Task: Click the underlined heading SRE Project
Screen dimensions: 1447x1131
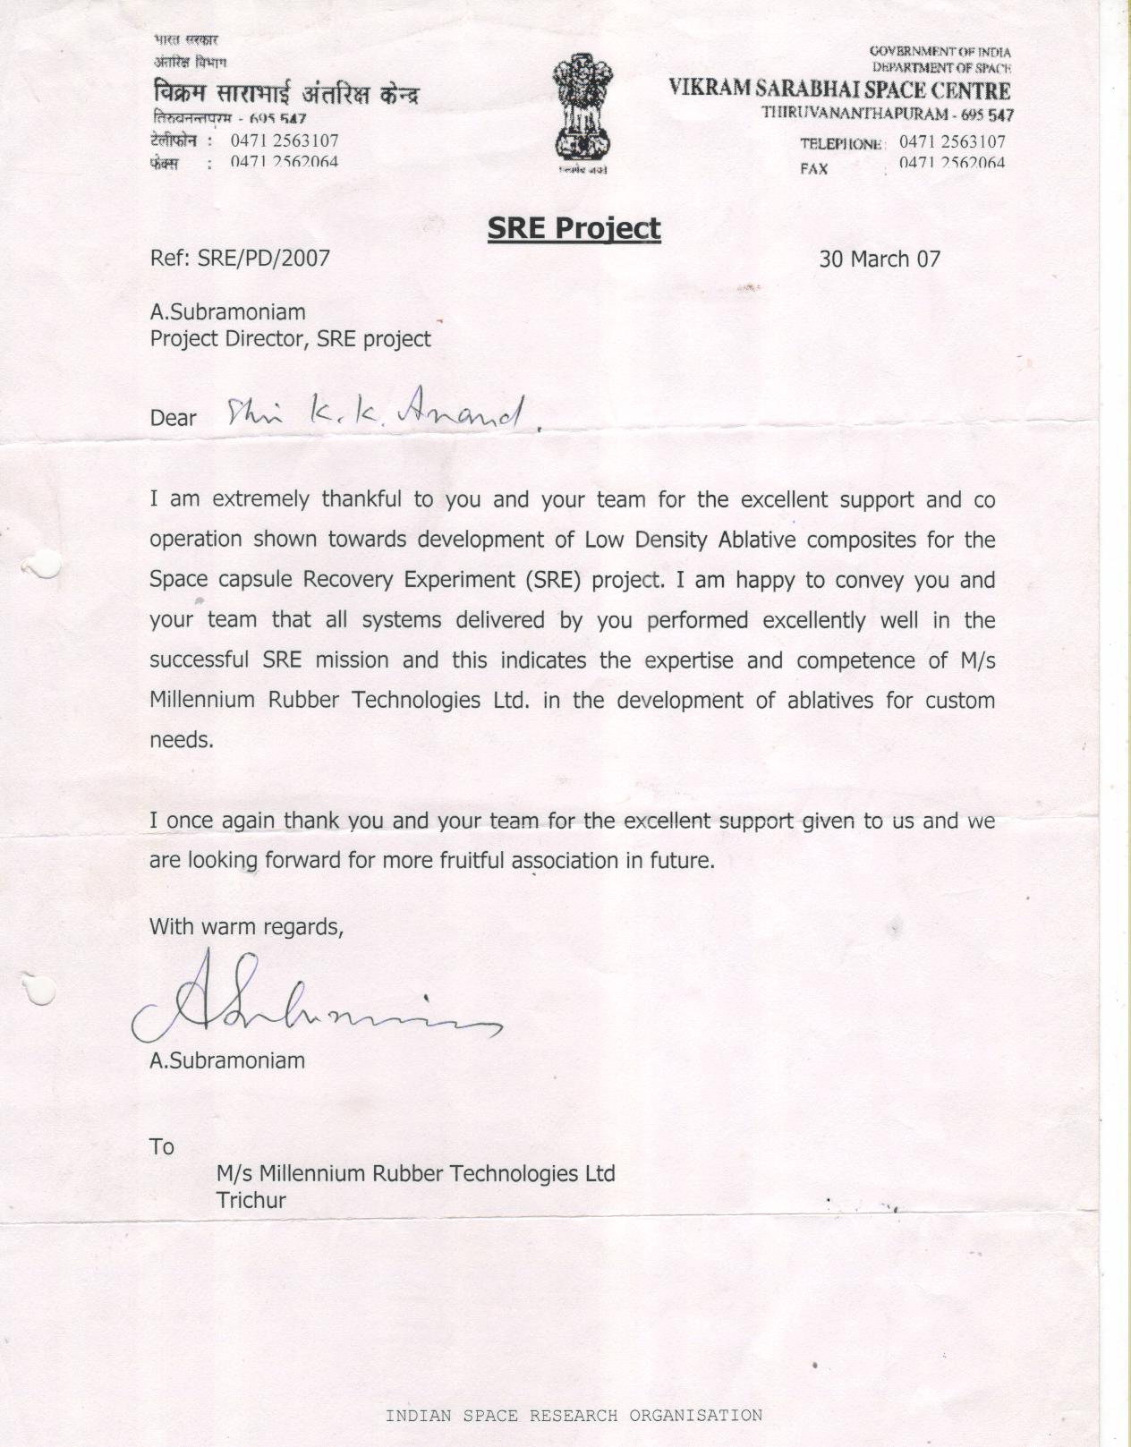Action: point(574,228)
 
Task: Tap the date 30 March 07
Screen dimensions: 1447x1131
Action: point(880,260)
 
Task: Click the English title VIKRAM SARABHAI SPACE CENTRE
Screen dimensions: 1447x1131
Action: point(840,90)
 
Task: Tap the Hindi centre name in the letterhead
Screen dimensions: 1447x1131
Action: point(285,95)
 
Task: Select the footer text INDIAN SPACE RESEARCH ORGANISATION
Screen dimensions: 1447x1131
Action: point(574,1416)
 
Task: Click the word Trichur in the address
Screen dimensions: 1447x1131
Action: point(251,1201)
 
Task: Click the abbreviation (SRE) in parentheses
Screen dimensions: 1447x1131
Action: point(555,580)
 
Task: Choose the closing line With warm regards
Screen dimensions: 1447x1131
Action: point(246,926)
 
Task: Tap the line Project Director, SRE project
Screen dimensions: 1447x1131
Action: point(290,339)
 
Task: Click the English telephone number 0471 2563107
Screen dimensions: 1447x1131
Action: point(952,141)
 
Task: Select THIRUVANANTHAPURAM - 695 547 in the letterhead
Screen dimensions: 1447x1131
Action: point(888,114)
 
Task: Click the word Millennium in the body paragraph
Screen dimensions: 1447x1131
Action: point(202,700)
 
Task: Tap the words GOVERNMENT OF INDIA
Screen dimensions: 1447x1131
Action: point(940,52)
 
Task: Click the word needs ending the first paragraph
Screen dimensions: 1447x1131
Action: point(182,741)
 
